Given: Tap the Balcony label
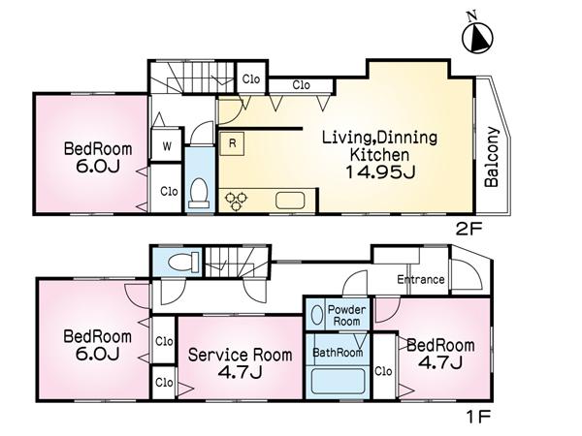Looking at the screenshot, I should [x=493, y=158].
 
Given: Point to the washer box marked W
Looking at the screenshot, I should [x=167, y=146].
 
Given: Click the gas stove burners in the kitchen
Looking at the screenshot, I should [x=236, y=200].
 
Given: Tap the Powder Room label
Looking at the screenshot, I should [x=346, y=315].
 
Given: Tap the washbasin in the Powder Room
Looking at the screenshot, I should [x=318, y=315].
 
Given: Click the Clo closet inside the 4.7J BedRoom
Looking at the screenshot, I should [x=384, y=370].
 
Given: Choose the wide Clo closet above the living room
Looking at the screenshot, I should [x=302, y=86].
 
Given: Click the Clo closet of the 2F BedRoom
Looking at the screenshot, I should [x=168, y=191].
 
